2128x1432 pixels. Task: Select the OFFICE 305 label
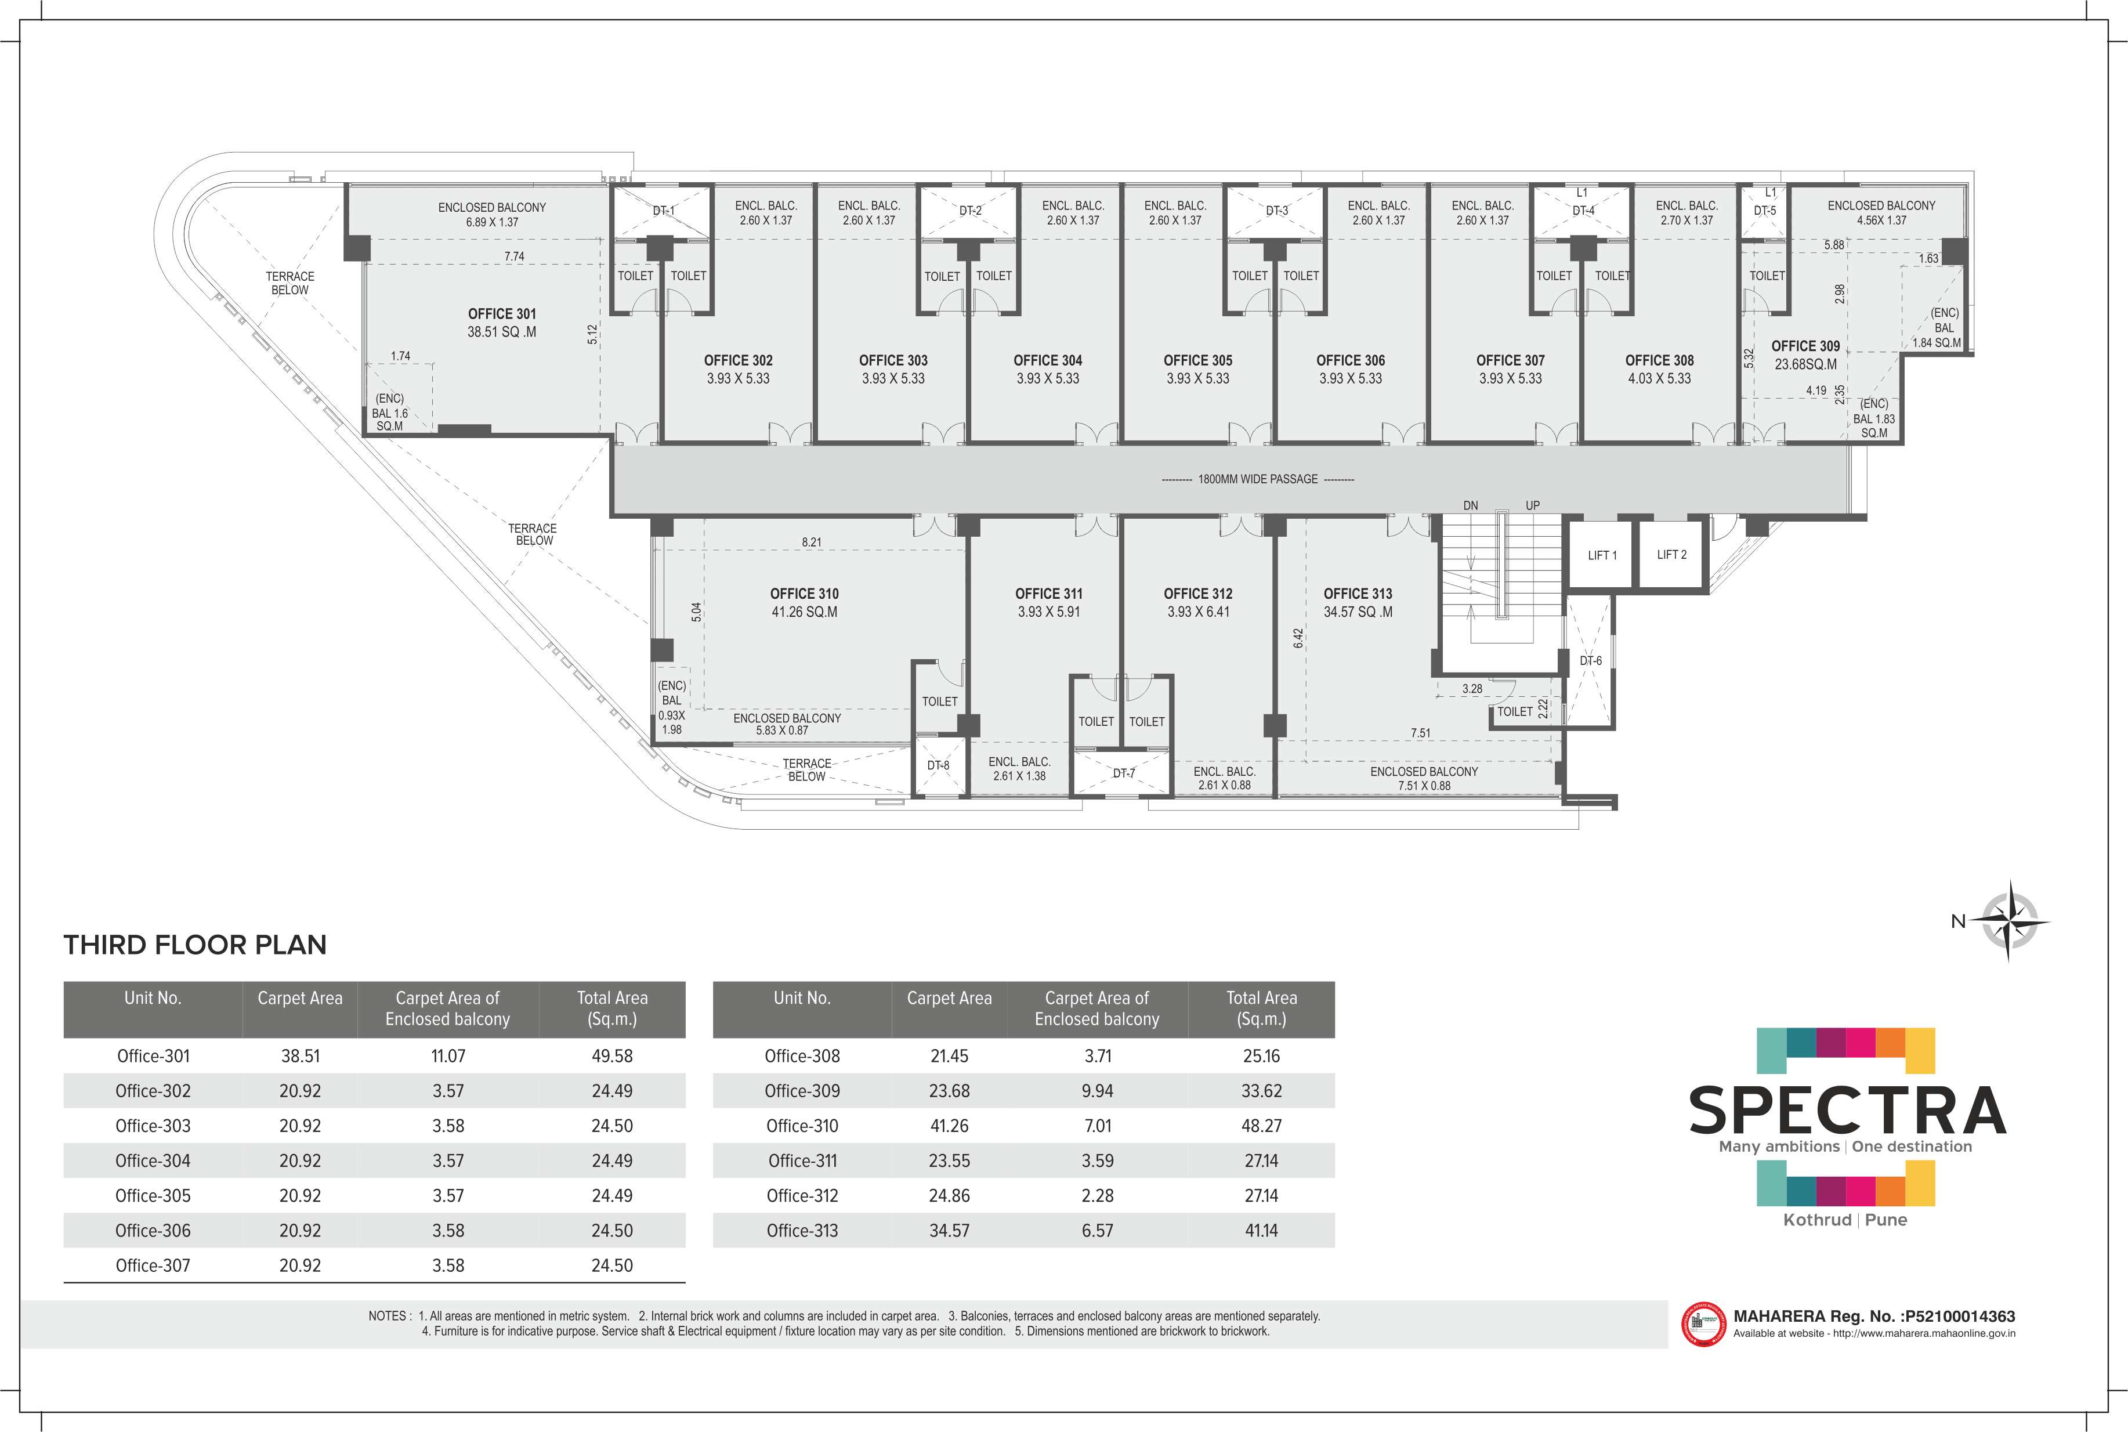click(1198, 361)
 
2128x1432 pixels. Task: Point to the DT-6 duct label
click(1590, 660)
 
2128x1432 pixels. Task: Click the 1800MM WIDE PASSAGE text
click(1258, 479)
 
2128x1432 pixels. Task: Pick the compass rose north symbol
click(2009, 921)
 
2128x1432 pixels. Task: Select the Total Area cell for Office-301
click(611, 1056)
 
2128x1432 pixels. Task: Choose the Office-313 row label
click(802, 1230)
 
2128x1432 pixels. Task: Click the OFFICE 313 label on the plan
click(1358, 594)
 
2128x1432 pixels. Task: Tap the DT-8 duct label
click(939, 765)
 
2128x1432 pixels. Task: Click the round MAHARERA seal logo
click(1703, 1324)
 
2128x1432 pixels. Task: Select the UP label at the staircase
click(1533, 505)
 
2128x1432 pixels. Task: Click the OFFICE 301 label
click(502, 314)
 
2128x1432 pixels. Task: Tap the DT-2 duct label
click(971, 211)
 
